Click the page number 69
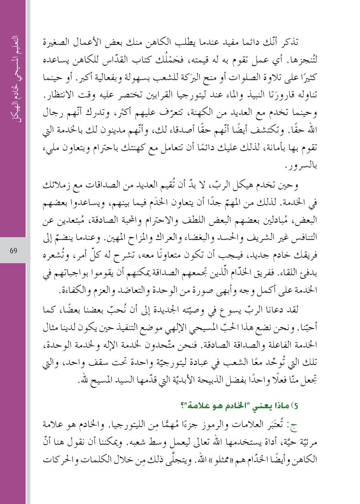click(x=13, y=251)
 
